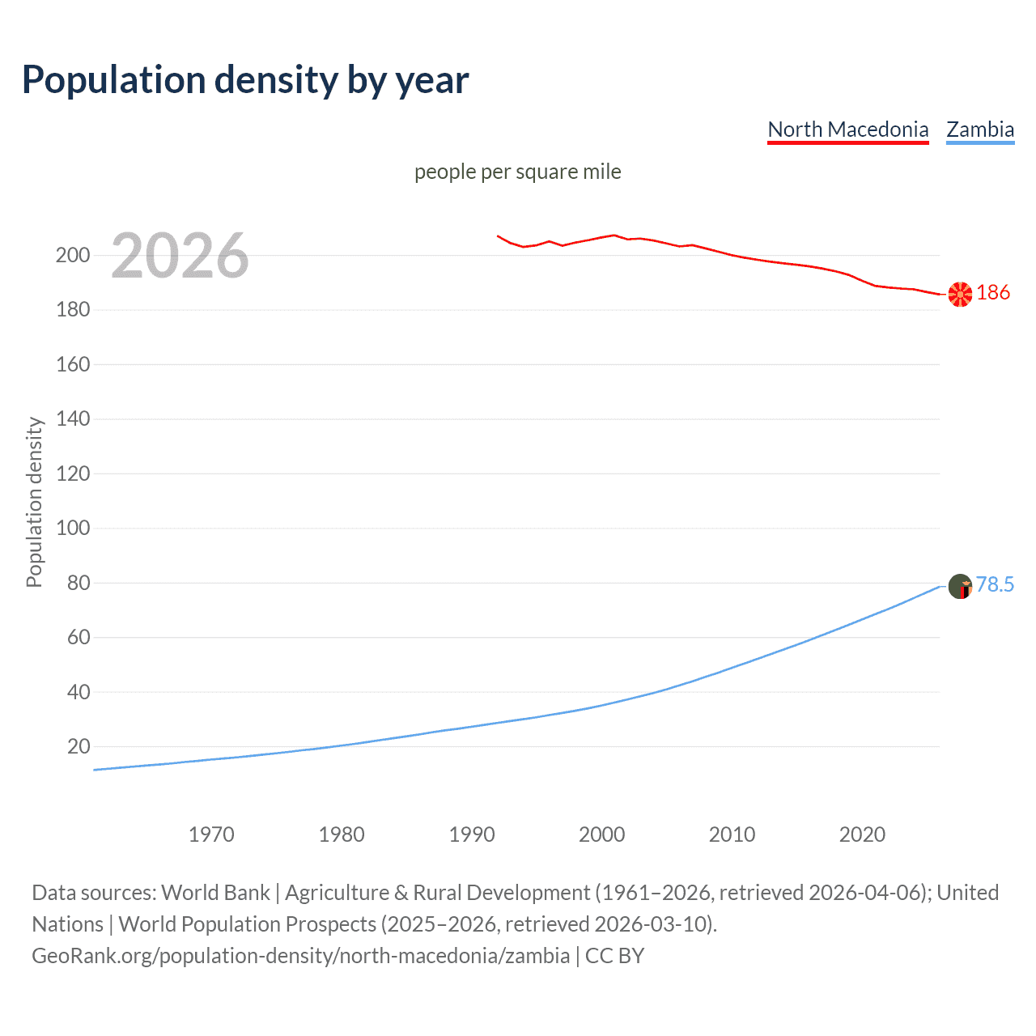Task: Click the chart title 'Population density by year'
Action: [245, 80]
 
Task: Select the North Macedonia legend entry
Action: [847, 129]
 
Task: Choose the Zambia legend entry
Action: [979, 129]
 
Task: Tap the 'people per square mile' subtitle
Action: [517, 172]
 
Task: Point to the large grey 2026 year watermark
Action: [180, 256]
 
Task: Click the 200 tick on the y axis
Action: [73, 256]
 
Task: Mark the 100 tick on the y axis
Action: [73, 529]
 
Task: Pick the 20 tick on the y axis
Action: [79, 746]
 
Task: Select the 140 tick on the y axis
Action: [73, 419]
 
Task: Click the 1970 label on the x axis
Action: [211, 834]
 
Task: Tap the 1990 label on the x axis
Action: [472, 834]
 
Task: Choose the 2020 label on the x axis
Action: [862, 834]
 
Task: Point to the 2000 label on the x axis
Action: [601, 834]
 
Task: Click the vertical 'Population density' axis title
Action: [34, 502]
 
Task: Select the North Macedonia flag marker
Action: [960, 295]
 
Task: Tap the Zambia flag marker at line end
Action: [960, 586]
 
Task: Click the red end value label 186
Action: [993, 292]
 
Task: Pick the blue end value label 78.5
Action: [995, 584]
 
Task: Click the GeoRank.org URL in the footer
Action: [300, 956]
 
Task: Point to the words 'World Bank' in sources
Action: [215, 893]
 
